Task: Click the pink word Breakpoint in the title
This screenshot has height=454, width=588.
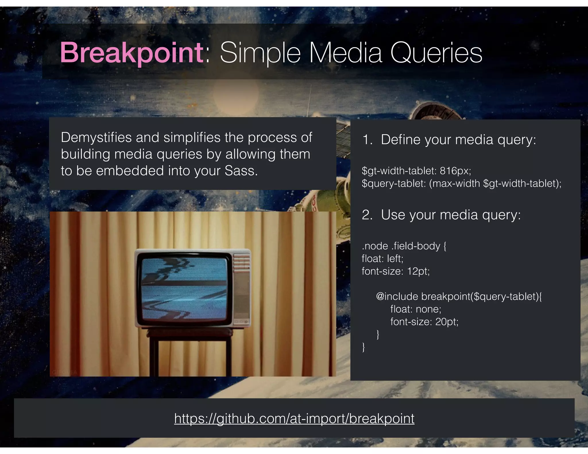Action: point(131,53)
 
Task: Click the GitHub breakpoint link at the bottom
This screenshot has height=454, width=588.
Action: point(294,418)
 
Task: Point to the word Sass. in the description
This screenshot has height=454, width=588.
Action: point(241,171)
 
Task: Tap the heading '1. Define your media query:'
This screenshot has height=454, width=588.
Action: point(449,140)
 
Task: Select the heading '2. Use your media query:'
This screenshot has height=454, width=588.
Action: point(441,215)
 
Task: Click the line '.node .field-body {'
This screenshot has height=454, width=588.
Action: point(404,246)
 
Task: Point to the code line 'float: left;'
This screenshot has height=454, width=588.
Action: point(382,259)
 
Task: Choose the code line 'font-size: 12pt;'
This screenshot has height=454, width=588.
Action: point(395,271)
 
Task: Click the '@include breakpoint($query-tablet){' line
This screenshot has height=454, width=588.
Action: point(459,296)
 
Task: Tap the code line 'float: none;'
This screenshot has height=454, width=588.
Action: point(415,309)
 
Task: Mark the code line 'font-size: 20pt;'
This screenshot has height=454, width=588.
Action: point(424,322)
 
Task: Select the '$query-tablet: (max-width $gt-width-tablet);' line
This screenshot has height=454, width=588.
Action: point(461,183)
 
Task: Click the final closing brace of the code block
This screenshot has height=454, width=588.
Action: point(363,347)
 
